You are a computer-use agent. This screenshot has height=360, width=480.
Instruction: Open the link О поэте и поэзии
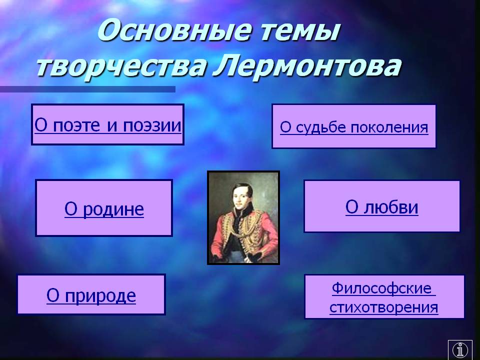(x=108, y=125)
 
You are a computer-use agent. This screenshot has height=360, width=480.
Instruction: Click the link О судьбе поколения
(x=354, y=127)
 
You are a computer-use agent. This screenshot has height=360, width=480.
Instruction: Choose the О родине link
(x=104, y=209)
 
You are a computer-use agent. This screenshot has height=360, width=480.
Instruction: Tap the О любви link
(x=381, y=207)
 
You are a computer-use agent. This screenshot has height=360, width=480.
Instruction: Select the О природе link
(x=91, y=295)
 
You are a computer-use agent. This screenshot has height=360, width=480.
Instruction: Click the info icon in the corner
(x=460, y=349)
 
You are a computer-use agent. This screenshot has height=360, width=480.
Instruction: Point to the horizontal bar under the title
(x=87, y=89)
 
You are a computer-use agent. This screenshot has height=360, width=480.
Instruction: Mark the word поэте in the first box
(x=76, y=125)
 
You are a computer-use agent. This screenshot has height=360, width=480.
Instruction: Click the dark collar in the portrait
(x=243, y=214)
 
